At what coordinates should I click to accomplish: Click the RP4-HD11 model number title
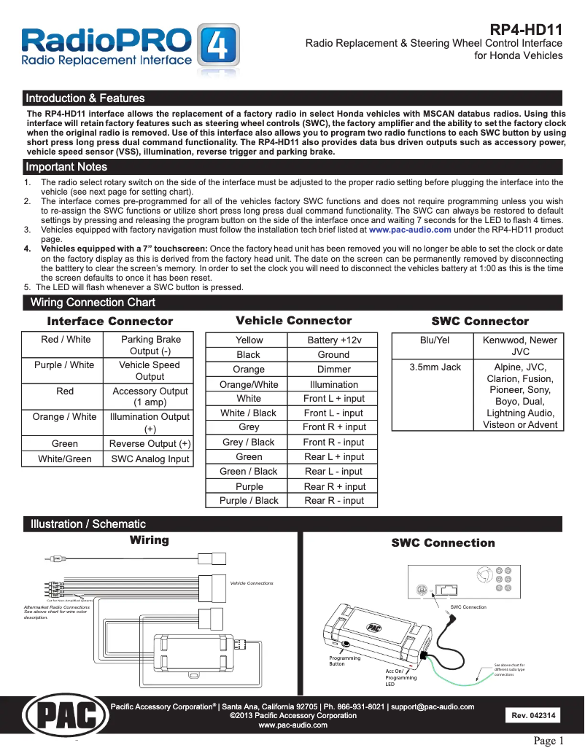(x=525, y=30)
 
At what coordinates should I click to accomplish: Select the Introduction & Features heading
(x=85, y=98)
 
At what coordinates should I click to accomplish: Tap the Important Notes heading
(x=66, y=168)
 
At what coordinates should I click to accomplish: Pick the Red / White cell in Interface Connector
(x=66, y=340)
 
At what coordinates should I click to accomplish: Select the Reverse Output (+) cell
(x=150, y=443)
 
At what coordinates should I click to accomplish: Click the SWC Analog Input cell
(x=150, y=459)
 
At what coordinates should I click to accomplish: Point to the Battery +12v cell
(x=334, y=340)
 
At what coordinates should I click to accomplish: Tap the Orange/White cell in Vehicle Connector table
(x=249, y=384)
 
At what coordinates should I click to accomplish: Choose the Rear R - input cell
(x=334, y=501)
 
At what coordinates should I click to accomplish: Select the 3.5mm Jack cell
(x=435, y=367)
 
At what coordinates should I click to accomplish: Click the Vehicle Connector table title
(x=293, y=321)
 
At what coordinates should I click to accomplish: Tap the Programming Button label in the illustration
(x=344, y=661)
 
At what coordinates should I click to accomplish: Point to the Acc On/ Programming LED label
(x=400, y=677)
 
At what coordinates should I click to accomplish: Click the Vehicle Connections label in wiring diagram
(x=252, y=583)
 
